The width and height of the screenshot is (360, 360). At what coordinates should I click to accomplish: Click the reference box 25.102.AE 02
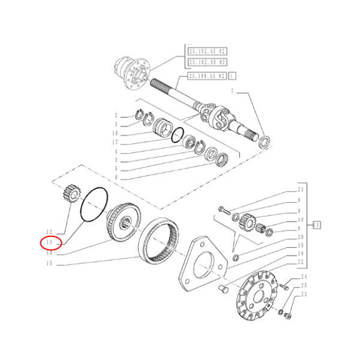pyautogui.click(x=206, y=52)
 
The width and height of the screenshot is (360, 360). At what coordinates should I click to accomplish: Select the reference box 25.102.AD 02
pyautogui.click(x=206, y=62)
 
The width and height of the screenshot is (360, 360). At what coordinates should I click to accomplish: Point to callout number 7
pyautogui.click(x=232, y=91)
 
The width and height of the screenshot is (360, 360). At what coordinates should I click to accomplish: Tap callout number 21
pyautogui.click(x=300, y=190)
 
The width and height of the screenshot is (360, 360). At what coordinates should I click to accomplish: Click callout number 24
pyautogui.click(x=304, y=277)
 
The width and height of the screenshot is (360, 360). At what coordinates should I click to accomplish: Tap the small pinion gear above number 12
pyautogui.click(x=71, y=194)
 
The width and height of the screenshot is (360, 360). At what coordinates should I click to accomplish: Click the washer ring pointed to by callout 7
pyautogui.click(x=263, y=142)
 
